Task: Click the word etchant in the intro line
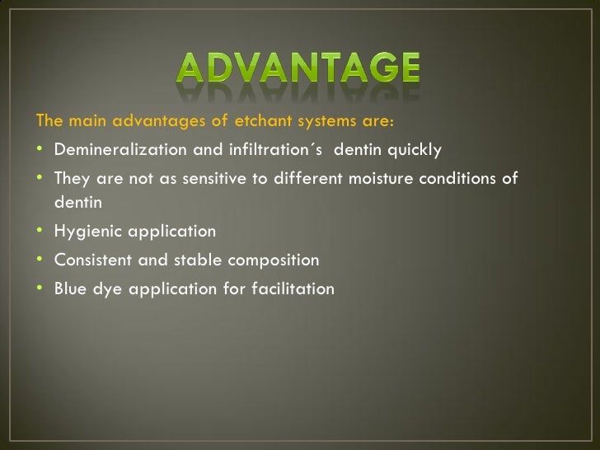tap(261, 122)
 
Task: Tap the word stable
tap(196, 260)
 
